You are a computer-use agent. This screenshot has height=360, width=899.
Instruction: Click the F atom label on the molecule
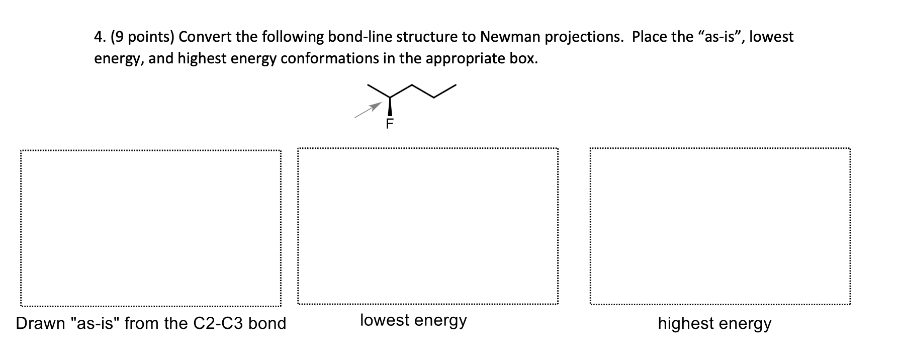(x=390, y=124)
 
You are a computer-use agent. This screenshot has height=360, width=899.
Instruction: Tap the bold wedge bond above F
(x=390, y=106)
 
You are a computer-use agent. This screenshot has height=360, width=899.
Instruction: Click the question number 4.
(x=98, y=37)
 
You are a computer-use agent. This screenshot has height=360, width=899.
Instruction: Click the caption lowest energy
(x=413, y=320)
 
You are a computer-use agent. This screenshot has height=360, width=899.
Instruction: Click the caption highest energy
(x=714, y=323)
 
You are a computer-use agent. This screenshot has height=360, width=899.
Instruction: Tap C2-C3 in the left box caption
(x=218, y=323)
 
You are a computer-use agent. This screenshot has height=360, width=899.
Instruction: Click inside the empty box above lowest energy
(x=427, y=226)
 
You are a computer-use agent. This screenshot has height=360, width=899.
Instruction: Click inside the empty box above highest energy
(x=720, y=226)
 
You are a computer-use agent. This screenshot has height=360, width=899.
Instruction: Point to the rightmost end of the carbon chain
(x=456, y=85)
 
